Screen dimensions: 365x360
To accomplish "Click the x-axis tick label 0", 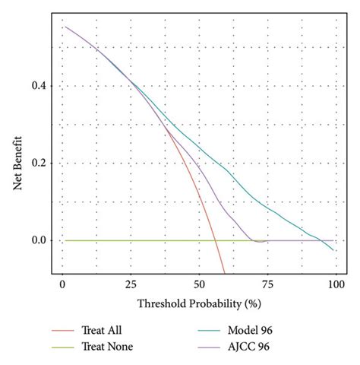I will point(62,284).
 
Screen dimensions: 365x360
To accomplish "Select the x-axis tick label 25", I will point(131,284).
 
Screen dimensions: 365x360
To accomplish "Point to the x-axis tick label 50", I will point(199,284).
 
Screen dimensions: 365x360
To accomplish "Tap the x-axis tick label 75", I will point(267,284).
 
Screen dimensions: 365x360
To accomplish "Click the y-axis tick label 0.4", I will point(38,86).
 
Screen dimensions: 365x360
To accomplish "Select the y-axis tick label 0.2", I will point(38,163).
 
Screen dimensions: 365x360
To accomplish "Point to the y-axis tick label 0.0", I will point(38,240).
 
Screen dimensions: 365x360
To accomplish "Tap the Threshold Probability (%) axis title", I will point(199,303).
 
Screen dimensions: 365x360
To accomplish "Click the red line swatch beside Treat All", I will point(64,330).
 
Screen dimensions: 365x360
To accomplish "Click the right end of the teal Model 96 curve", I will point(333,250).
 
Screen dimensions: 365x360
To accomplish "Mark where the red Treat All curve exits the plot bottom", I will point(225,272).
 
